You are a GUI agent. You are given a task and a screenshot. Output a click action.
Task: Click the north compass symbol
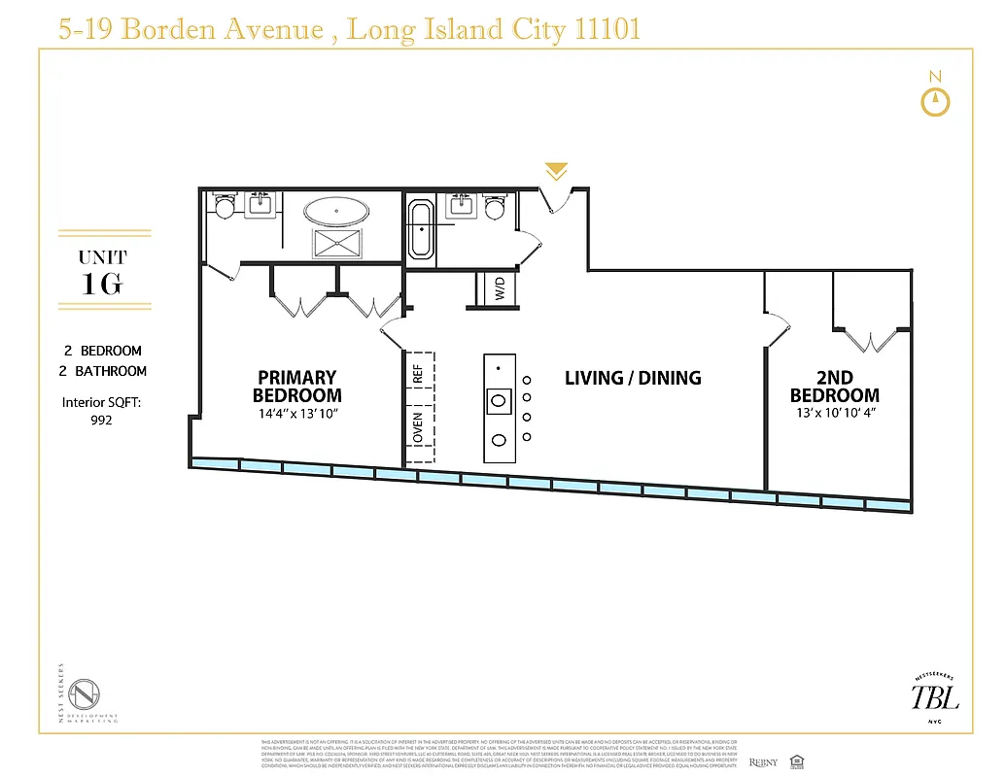(935, 101)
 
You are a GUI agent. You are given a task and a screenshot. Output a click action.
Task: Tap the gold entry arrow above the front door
(556, 172)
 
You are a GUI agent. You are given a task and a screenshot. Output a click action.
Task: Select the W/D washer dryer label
(499, 288)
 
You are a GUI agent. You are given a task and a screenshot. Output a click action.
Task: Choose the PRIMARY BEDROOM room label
(296, 386)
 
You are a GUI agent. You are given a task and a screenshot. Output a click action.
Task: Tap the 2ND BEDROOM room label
(834, 386)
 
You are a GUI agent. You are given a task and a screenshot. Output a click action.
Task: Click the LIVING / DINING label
(633, 378)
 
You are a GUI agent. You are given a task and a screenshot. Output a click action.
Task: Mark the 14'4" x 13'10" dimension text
(296, 415)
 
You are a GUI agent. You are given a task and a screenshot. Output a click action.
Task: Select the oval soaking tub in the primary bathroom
(336, 211)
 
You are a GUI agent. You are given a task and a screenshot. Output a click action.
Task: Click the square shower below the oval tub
(336, 242)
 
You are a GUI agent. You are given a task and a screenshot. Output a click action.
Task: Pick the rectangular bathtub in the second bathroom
(422, 229)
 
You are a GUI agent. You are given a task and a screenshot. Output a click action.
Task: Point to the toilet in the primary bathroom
(225, 206)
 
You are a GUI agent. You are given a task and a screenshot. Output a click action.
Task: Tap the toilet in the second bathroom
(495, 206)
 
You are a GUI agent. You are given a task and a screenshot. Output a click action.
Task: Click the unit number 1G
(103, 285)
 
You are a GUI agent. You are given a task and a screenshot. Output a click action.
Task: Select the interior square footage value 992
(101, 421)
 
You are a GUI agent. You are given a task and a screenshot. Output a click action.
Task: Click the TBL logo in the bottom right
(934, 696)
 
